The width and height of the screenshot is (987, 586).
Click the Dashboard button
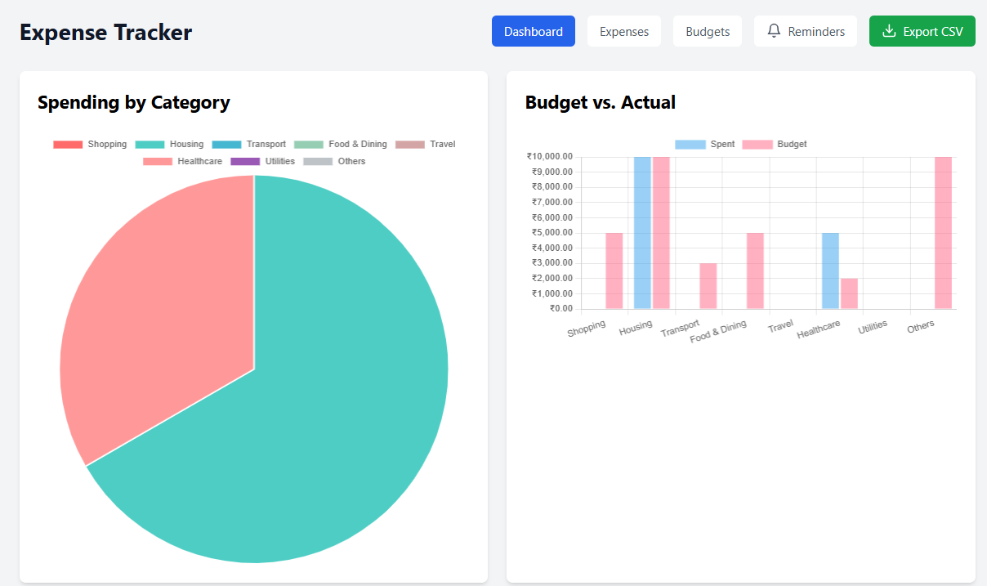tap(533, 32)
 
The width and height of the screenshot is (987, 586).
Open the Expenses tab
tap(624, 32)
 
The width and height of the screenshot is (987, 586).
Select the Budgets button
tap(708, 32)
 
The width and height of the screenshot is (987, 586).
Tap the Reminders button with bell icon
tap(806, 32)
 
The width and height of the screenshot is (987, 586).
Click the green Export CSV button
tap(922, 32)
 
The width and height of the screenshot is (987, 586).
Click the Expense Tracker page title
tap(105, 33)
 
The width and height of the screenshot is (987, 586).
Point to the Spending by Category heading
tap(134, 103)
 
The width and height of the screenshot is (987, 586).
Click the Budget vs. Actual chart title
tap(600, 103)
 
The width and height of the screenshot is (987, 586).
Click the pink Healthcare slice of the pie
tap(155, 327)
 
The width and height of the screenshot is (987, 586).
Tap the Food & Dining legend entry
tap(341, 144)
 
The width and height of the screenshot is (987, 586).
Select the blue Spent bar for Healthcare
tap(830, 271)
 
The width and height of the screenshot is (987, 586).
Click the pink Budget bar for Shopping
tap(614, 271)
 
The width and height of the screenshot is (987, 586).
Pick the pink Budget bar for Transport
tap(708, 286)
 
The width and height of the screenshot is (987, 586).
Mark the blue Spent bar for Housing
tap(642, 233)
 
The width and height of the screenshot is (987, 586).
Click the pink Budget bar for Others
tap(943, 233)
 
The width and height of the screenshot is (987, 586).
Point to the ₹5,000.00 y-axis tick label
tap(552, 233)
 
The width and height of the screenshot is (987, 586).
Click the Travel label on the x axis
tap(780, 326)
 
